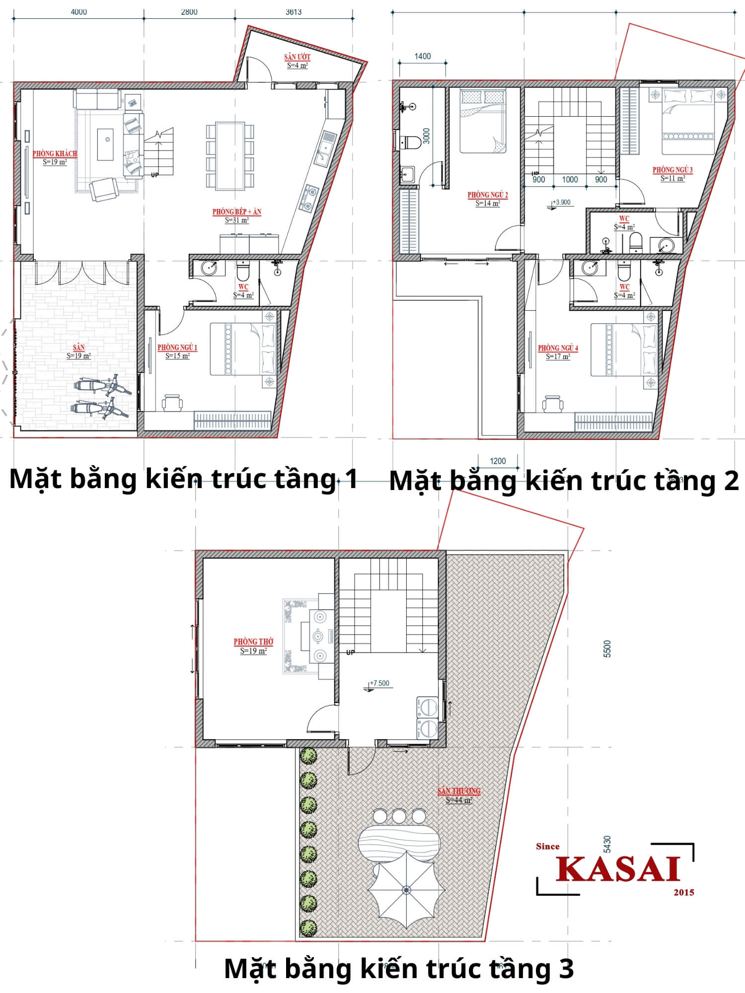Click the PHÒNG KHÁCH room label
55,154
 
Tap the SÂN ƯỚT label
297,57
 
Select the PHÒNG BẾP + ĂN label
236,212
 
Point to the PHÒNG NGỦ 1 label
177,348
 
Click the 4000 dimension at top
78,12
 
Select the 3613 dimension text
293,12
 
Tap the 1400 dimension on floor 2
423,57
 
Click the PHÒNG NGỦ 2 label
487,195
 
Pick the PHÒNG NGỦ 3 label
672,170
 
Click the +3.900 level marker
561,203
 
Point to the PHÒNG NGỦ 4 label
558,348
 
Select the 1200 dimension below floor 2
498,461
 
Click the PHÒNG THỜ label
253,642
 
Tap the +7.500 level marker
379,683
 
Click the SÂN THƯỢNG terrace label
458,791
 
